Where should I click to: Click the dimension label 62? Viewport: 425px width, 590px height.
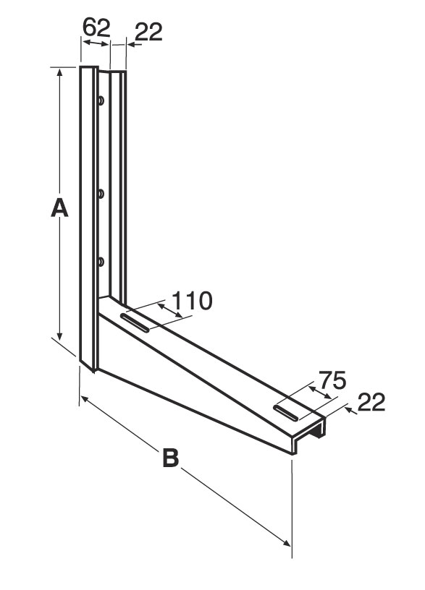pyautogui.click(x=96, y=27)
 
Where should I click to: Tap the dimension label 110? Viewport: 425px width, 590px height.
pyautogui.click(x=192, y=301)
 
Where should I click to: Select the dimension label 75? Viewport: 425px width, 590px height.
pyautogui.click(x=332, y=380)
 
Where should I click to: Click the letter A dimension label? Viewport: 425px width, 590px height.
pyautogui.click(x=59, y=208)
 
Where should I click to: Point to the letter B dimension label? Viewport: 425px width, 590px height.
pyautogui.click(x=171, y=458)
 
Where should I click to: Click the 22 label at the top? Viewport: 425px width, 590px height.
pyautogui.click(x=148, y=32)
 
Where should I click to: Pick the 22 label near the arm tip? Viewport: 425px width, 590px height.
pyautogui.click(x=371, y=402)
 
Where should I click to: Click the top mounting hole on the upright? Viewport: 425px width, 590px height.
pyautogui.click(x=101, y=101)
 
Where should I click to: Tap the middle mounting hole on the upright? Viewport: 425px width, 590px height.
pyautogui.click(x=101, y=194)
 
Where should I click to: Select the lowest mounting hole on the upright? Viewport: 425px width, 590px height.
pyautogui.click(x=101, y=262)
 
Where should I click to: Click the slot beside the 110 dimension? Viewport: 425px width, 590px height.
pyautogui.click(x=135, y=322)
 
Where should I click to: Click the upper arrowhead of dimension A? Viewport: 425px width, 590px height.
pyautogui.click(x=59, y=72)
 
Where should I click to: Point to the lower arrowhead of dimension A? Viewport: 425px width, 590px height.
pyautogui.click(x=59, y=335)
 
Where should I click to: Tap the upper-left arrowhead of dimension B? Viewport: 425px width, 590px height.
pyautogui.click(x=85, y=399)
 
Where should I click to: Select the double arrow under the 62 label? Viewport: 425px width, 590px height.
pyautogui.click(x=96, y=43)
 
